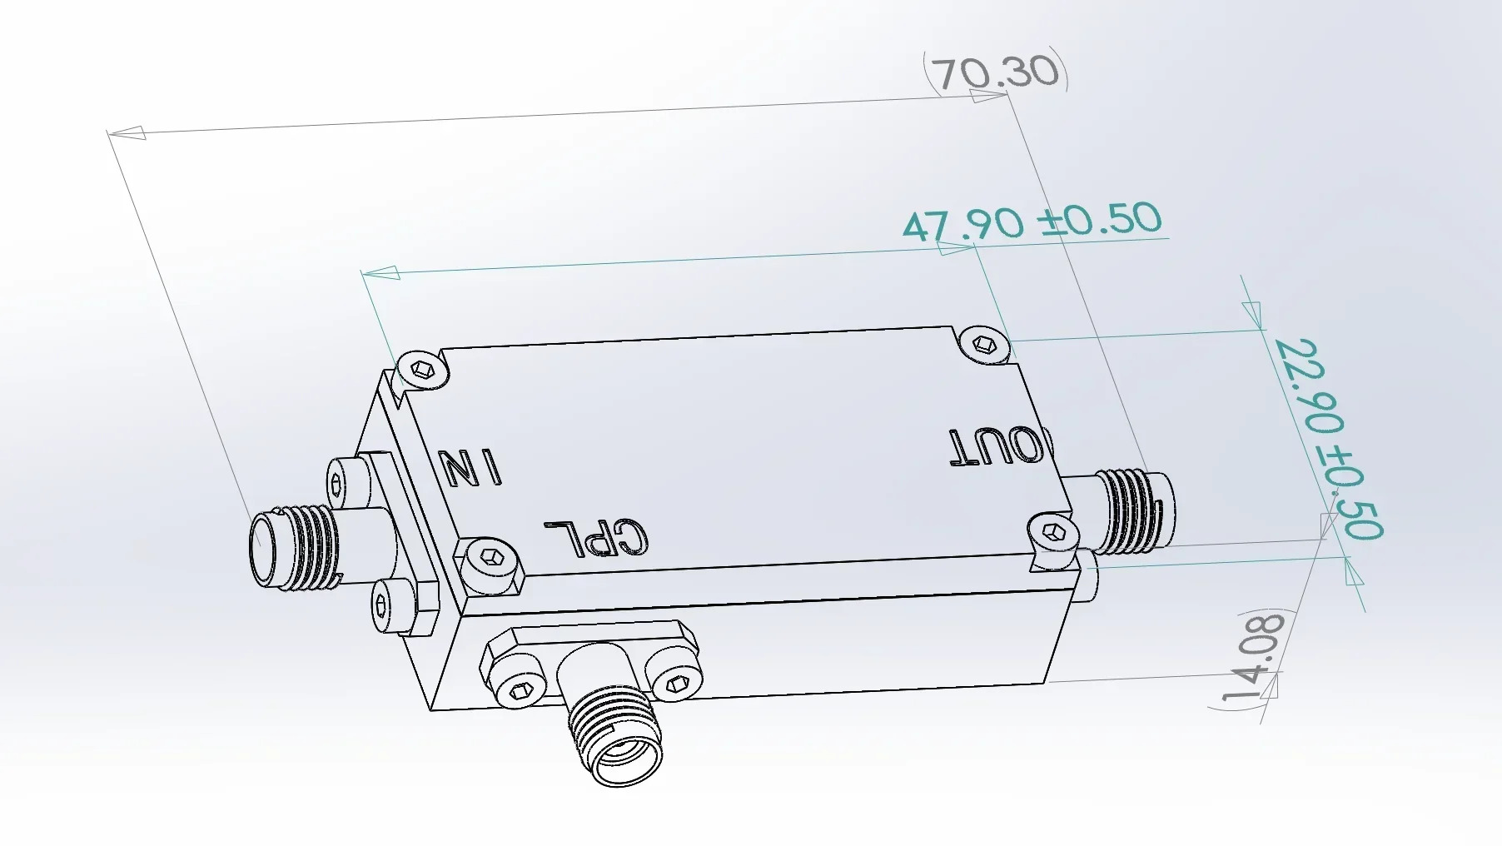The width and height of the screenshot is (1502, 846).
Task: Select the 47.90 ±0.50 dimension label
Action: coord(1032,221)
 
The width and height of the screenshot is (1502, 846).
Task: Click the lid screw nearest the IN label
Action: coord(423,370)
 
